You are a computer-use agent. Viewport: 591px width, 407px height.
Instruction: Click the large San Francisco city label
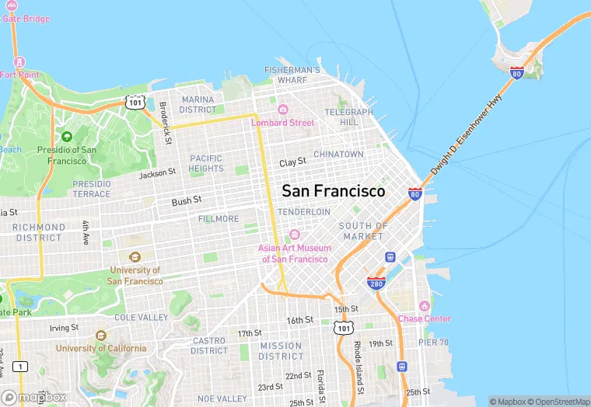coord(333,191)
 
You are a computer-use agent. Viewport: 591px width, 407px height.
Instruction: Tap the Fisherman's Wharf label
coord(292,75)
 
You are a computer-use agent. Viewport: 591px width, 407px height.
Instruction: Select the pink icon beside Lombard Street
coord(283,110)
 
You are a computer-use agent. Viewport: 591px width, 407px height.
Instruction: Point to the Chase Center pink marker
coord(424,306)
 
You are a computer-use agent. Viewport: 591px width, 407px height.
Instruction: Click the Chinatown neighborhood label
coord(338,155)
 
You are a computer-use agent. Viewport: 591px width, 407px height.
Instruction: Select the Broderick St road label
coord(164,121)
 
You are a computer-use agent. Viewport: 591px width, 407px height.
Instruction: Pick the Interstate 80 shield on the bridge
coord(516,73)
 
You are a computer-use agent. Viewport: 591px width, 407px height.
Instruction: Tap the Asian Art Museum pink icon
coord(294,235)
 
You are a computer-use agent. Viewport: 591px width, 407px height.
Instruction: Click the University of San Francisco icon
coord(135,257)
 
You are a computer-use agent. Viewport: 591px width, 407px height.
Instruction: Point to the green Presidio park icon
coord(66,137)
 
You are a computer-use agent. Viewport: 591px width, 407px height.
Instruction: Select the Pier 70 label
coord(432,341)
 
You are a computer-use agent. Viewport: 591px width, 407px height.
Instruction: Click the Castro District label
coord(209,346)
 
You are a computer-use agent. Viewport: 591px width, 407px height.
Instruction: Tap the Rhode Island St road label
coord(358,363)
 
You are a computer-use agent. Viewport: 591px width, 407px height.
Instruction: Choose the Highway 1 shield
coord(20,366)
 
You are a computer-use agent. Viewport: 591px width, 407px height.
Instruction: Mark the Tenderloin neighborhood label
coord(304,212)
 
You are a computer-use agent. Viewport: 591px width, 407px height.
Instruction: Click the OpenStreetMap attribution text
coord(556,402)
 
